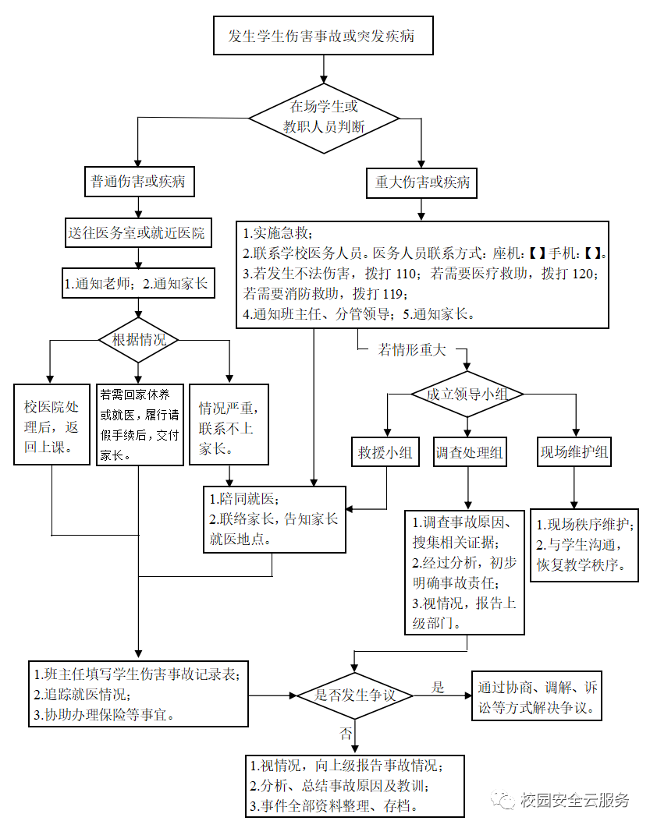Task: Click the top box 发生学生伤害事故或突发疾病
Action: pos(323,35)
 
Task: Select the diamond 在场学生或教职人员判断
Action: pos(324,119)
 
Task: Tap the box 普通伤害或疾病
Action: pos(140,182)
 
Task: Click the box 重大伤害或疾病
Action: pos(421,182)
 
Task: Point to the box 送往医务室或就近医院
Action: pos(138,232)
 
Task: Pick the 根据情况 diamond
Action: pos(138,340)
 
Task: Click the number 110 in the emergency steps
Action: pos(406,274)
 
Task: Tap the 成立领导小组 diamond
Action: pos(467,394)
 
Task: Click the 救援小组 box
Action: pos(385,452)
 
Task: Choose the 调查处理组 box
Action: pos(469,452)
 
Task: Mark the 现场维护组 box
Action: pos(574,451)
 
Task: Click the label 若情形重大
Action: pos(412,349)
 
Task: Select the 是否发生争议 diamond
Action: pos(355,695)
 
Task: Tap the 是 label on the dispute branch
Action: pos(438,687)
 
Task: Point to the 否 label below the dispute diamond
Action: pos(346,733)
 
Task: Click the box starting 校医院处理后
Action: pos(52,425)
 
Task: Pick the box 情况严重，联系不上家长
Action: pos(229,425)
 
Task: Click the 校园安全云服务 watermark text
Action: pos(574,800)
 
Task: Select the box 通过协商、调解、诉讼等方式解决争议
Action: pos(536,696)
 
